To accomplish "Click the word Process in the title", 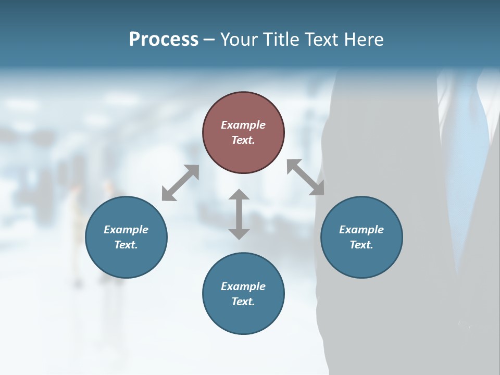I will tap(164, 40).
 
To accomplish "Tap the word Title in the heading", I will tap(281, 40).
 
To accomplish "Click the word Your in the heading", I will tap(239, 40).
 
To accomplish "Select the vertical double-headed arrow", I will tap(239, 214).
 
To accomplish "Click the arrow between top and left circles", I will tap(180, 183).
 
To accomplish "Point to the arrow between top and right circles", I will tap(306, 177).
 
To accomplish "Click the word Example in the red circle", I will tap(243, 125).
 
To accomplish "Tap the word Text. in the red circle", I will tap(243, 140).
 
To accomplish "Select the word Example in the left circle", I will tap(126, 230).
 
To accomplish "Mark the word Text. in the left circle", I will tap(126, 245).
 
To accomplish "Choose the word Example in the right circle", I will tap(361, 230).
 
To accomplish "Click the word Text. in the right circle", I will tap(361, 245).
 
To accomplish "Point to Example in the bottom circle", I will tap(243, 286).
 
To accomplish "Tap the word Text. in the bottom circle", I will tap(243, 302).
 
